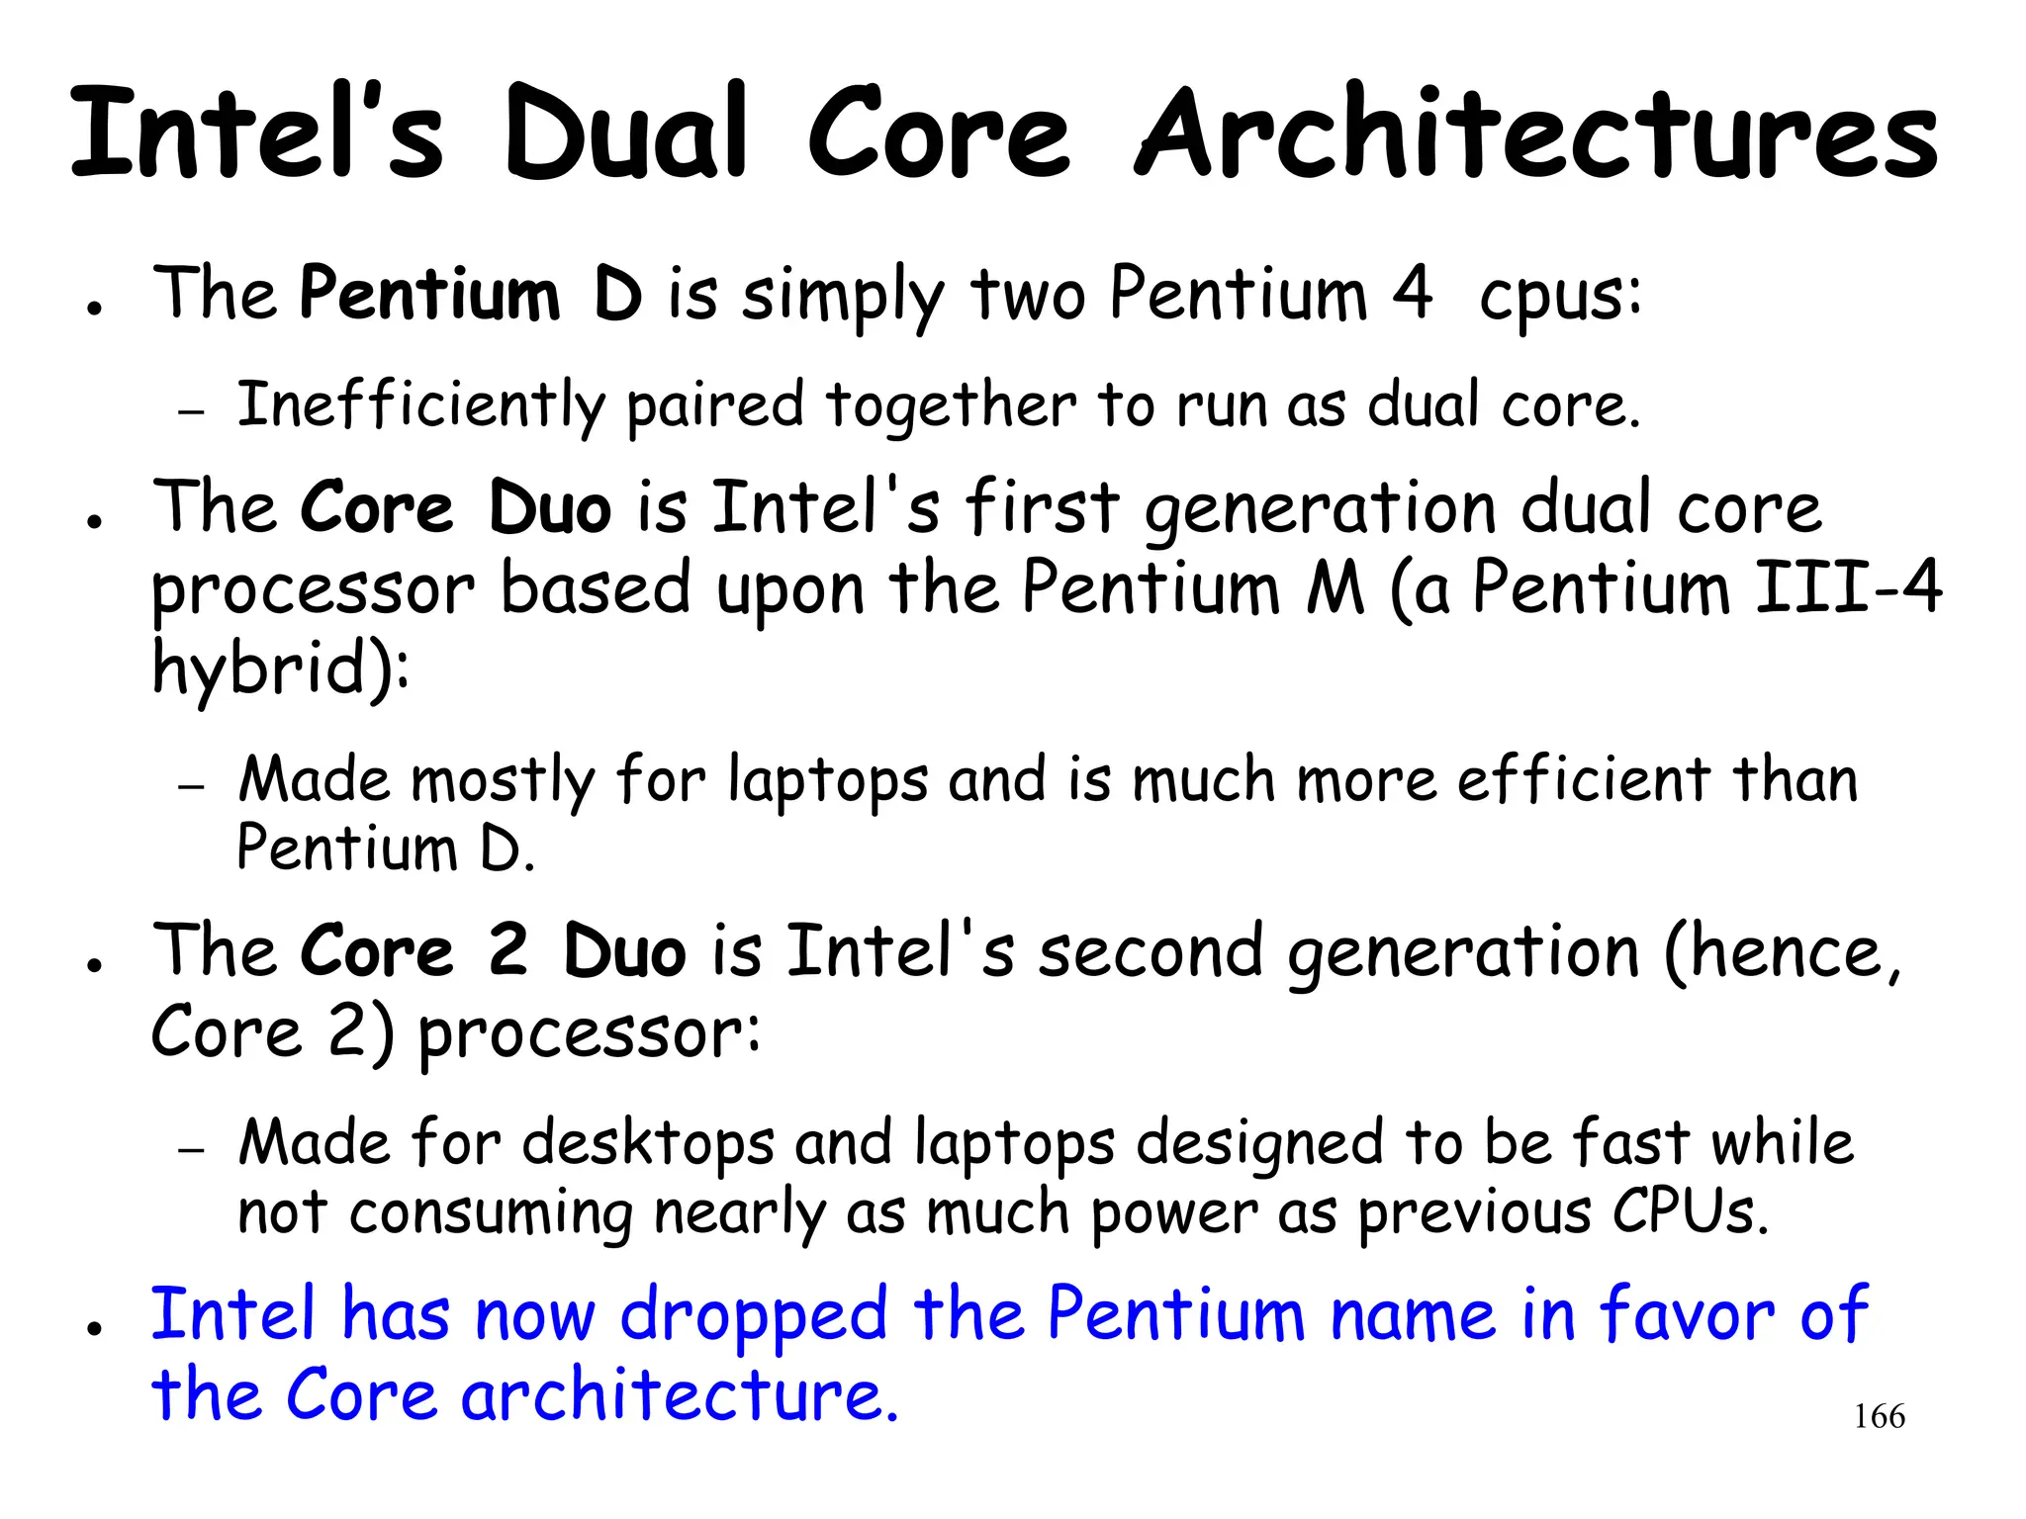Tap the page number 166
click(1879, 1416)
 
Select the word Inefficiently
click(420, 405)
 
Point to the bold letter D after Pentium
click(618, 294)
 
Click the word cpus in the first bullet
click(1560, 297)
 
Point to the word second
click(1151, 951)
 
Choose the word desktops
click(648, 1144)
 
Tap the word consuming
click(491, 1213)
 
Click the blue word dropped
click(753, 1317)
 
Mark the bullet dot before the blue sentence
click(95, 1328)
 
